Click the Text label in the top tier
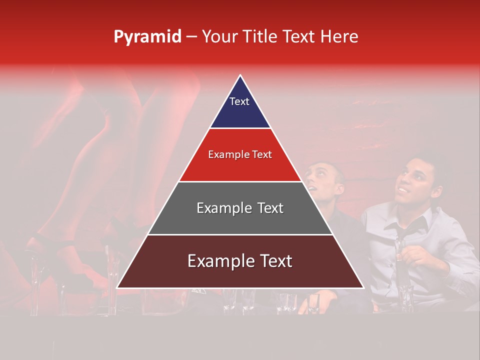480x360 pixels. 239,101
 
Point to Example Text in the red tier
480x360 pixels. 240,154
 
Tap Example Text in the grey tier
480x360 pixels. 240,208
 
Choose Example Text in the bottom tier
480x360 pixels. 240,261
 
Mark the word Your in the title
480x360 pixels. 219,37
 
